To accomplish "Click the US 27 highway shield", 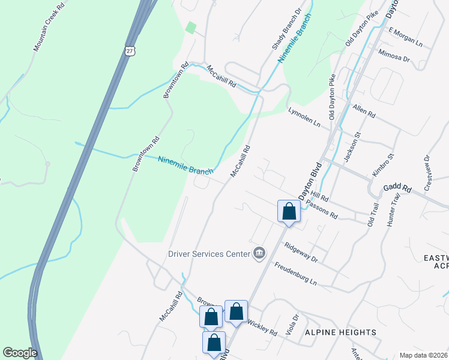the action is tap(130, 52).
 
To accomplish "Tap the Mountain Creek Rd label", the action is tap(49, 29).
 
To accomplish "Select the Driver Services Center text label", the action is tap(209, 254).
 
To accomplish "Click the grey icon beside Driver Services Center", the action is tap(259, 254).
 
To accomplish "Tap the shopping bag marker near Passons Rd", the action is tap(289, 211).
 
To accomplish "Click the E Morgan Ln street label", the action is tap(406, 38).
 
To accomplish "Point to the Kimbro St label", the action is tap(382, 165).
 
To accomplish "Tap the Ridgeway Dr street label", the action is tap(301, 251).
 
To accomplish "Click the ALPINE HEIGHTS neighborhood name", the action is tap(340, 332).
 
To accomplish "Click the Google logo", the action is tap(20, 353).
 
